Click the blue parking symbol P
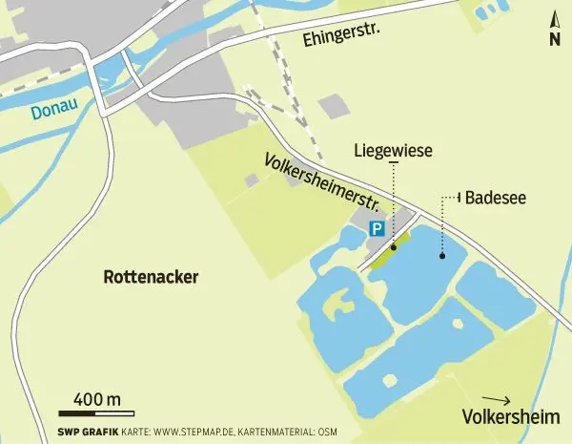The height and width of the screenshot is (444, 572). [377, 229]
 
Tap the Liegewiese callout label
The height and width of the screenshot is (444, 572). [394, 150]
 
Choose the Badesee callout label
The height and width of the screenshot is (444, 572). [497, 198]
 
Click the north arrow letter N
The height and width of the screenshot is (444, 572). [554, 39]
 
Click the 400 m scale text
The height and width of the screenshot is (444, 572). [96, 397]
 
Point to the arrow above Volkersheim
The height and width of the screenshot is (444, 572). [497, 400]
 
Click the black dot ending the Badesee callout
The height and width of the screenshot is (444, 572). [441, 255]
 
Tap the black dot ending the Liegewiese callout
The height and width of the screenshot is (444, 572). [393, 245]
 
